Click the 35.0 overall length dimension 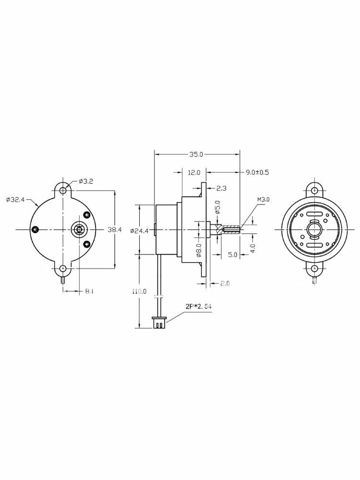196,155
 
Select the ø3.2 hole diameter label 86,181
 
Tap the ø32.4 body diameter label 15,200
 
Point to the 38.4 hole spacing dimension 115,229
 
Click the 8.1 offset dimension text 89,291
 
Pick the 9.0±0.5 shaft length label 257,172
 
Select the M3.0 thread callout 263,200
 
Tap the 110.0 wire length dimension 139,291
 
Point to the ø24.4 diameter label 139,231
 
